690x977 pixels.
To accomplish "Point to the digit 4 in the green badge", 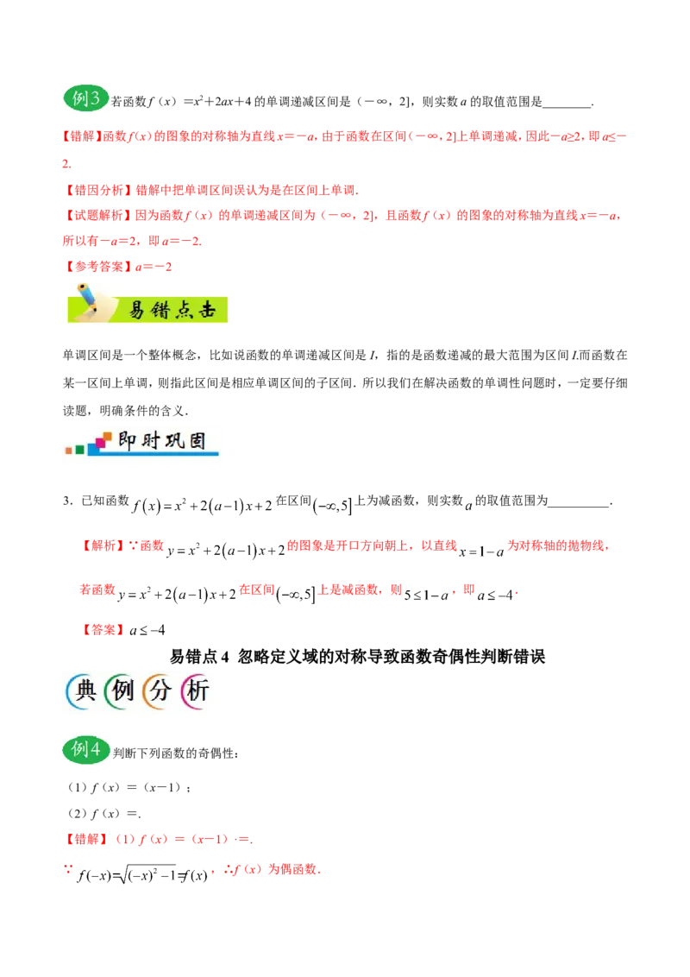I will click(x=95, y=750).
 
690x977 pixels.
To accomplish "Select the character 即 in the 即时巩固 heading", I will click(x=127, y=441).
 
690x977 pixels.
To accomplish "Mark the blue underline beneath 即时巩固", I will click(x=164, y=455).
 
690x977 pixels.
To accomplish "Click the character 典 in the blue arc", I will click(x=82, y=692).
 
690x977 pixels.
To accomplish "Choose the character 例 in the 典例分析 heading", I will click(x=121, y=692).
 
